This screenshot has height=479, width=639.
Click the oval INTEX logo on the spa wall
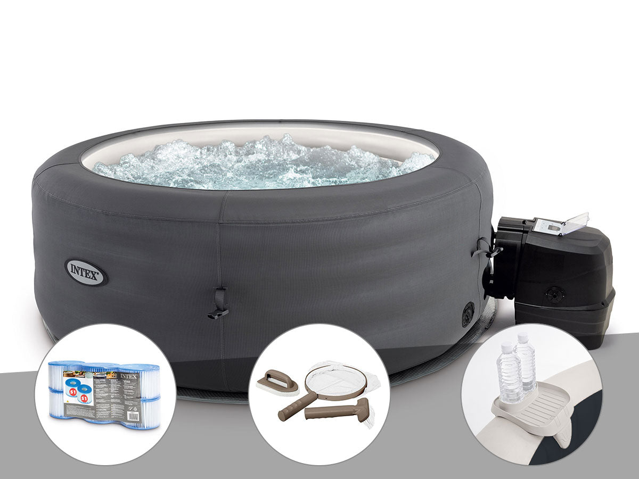click(86, 272)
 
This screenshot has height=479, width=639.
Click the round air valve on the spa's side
click(468, 313)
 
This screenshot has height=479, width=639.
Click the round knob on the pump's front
click(555, 294)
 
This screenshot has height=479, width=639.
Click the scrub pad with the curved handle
click(276, 381)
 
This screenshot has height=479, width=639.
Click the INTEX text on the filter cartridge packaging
click(129, 376)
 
